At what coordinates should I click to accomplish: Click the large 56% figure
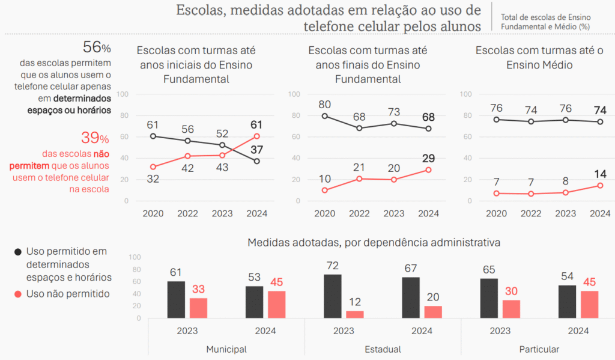pos(96,48)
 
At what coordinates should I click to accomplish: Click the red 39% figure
pos(95,138)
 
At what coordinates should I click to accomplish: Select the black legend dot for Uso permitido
pos(18,251)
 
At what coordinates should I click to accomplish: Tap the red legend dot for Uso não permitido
pos(18,294)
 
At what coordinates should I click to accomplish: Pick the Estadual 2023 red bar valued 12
pos(355,314)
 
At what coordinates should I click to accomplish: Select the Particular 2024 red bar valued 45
pos(589,305)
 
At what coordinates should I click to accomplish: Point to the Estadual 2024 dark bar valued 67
pos(411,297)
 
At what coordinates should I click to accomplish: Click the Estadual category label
pos(383,349)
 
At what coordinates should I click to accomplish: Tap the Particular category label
pos(539,349)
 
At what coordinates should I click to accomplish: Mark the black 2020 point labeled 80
pos(325,116)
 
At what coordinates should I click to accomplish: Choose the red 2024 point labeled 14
pos(600,186)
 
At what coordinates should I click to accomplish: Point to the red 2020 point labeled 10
pos(325,191)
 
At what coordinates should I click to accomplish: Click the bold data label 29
pos(428,158)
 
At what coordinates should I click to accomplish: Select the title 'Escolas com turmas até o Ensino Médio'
pos(539,58)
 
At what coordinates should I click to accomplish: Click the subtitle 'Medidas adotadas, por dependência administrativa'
pos(374,243)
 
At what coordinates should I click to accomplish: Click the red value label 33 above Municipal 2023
pos(198,289)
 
